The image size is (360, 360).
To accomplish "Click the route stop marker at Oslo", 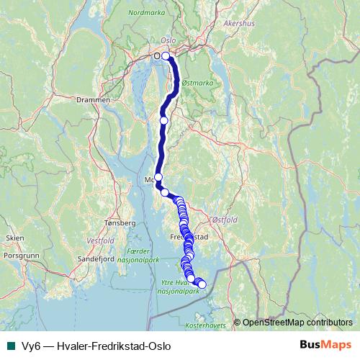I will tap(166, 56).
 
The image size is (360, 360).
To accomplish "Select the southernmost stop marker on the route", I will tap(202, 284).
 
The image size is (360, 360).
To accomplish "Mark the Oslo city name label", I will tap(168, 41).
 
